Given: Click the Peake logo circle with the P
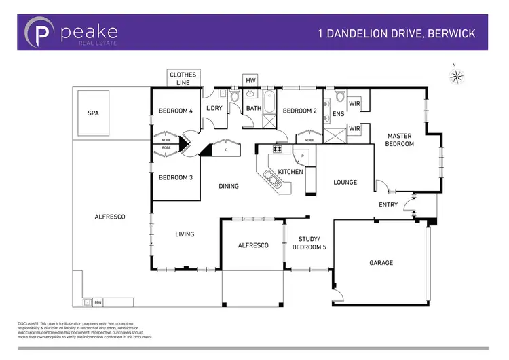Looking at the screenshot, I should tap(39, 33).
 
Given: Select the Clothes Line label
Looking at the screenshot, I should tap(183, 77).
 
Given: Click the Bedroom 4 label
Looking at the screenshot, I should tap(176, 111).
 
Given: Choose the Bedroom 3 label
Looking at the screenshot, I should tap(176, 177).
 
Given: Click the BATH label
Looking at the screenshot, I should tap(253, 109).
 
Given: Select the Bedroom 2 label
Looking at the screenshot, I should tap(300, 111).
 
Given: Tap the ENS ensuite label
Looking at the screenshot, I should tap(338, 114).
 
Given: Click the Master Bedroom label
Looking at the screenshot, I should tap(399, 139).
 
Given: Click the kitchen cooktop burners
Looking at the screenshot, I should tap(278, 149).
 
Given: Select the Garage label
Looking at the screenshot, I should tap(381, 262).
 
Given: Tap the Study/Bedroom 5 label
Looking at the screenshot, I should tap(312, 242).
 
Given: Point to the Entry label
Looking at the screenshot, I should tap(387, 204).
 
